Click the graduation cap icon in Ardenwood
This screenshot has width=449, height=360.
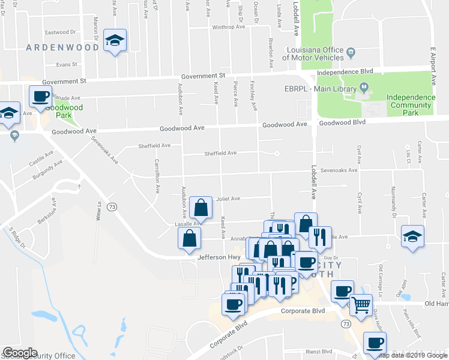click(x=115, y=40)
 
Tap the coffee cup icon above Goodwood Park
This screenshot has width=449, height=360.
click(x=41, y=96)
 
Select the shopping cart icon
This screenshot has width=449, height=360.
click(x=361, y=305)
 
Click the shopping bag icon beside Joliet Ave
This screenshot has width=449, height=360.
click(x=200, y=208)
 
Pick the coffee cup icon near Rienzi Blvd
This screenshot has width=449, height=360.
click(x=375, y=343)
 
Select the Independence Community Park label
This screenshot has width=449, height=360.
click(x=411, y=104)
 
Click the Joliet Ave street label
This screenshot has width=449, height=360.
click(x=228, y=199)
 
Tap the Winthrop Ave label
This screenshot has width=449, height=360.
click(x=228, y=27)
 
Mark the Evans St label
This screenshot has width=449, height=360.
click(x=67, y=64)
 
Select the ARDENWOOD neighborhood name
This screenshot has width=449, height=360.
click(x=62, y=47)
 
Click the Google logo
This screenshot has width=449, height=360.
click(x=21, y=352)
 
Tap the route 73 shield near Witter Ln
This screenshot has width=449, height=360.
click(x=111, y=206)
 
